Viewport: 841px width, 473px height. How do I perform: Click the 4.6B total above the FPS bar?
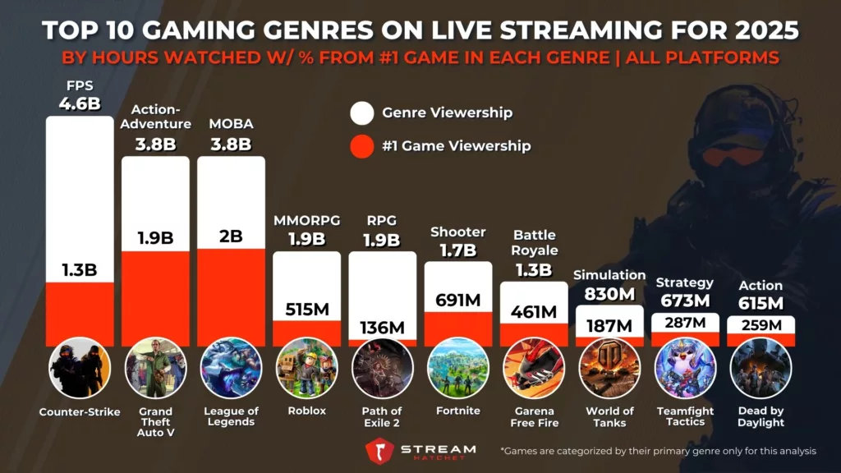[80, 104]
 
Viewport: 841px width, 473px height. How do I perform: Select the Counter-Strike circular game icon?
[80, 368]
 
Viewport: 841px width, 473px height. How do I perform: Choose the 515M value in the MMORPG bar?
[306, 310]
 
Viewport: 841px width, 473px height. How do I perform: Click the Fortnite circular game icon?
[458, 368]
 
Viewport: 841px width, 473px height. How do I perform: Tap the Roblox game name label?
[307, 411]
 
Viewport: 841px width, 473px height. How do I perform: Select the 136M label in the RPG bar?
[382, 328]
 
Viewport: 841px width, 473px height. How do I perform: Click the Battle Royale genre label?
[535, 243]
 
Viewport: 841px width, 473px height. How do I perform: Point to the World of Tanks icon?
[609, 368]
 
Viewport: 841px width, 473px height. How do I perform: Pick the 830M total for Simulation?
[609, 293]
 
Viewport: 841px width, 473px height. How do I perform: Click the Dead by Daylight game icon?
[761, 368]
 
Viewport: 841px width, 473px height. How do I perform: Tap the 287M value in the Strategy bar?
[685, 322]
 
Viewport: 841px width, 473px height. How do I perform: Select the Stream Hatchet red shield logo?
[379, 452]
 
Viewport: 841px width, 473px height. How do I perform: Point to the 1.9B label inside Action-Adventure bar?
[155, 238]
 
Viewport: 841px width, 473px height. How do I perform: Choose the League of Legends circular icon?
[231, 368]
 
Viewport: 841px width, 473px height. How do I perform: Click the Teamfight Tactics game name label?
[685, 416]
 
